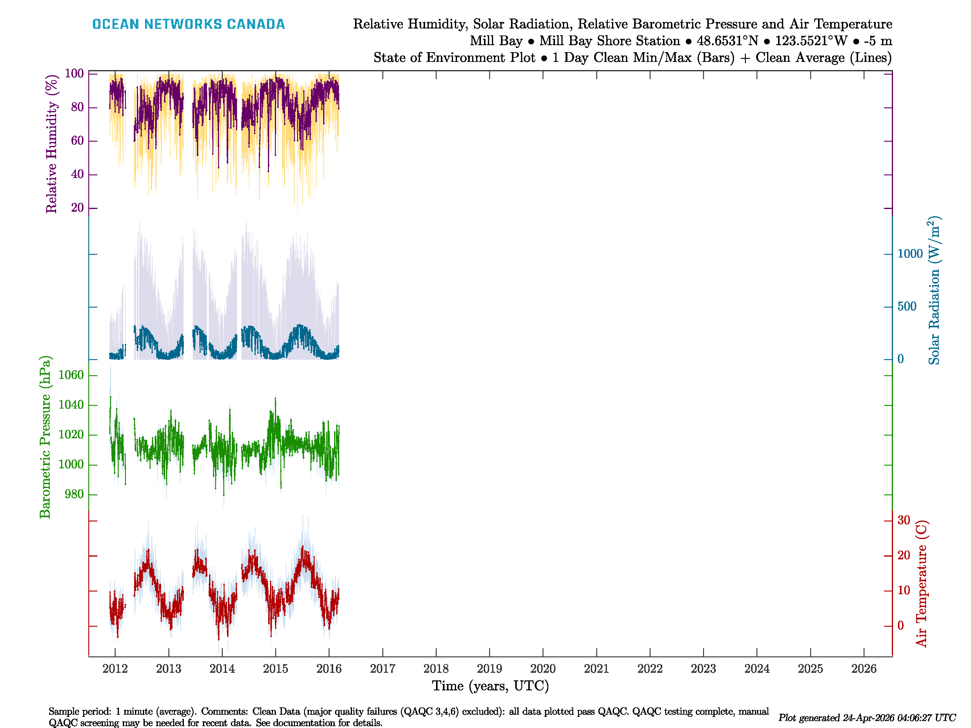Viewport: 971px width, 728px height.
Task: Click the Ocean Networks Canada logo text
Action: (188, 24)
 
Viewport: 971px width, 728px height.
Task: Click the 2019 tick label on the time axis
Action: (489, 669)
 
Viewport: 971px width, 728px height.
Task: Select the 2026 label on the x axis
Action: (864, 669)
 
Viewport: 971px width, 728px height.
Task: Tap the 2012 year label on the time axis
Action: (115, 669)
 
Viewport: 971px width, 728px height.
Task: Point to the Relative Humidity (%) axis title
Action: (52, 144)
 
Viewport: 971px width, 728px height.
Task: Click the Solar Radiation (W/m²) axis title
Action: (934, 291)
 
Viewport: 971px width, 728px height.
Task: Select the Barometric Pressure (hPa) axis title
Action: (45, 437)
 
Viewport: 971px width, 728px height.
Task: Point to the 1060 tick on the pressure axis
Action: (71, 375)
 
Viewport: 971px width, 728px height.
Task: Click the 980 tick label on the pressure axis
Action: (74, 494)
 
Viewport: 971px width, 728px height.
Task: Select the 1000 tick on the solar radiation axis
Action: (910, 254)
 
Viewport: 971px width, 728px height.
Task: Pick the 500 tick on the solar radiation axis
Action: (907, 306)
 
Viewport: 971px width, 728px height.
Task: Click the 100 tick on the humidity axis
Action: (74, 74)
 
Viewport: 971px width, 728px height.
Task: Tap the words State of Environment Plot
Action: (454, 58)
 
